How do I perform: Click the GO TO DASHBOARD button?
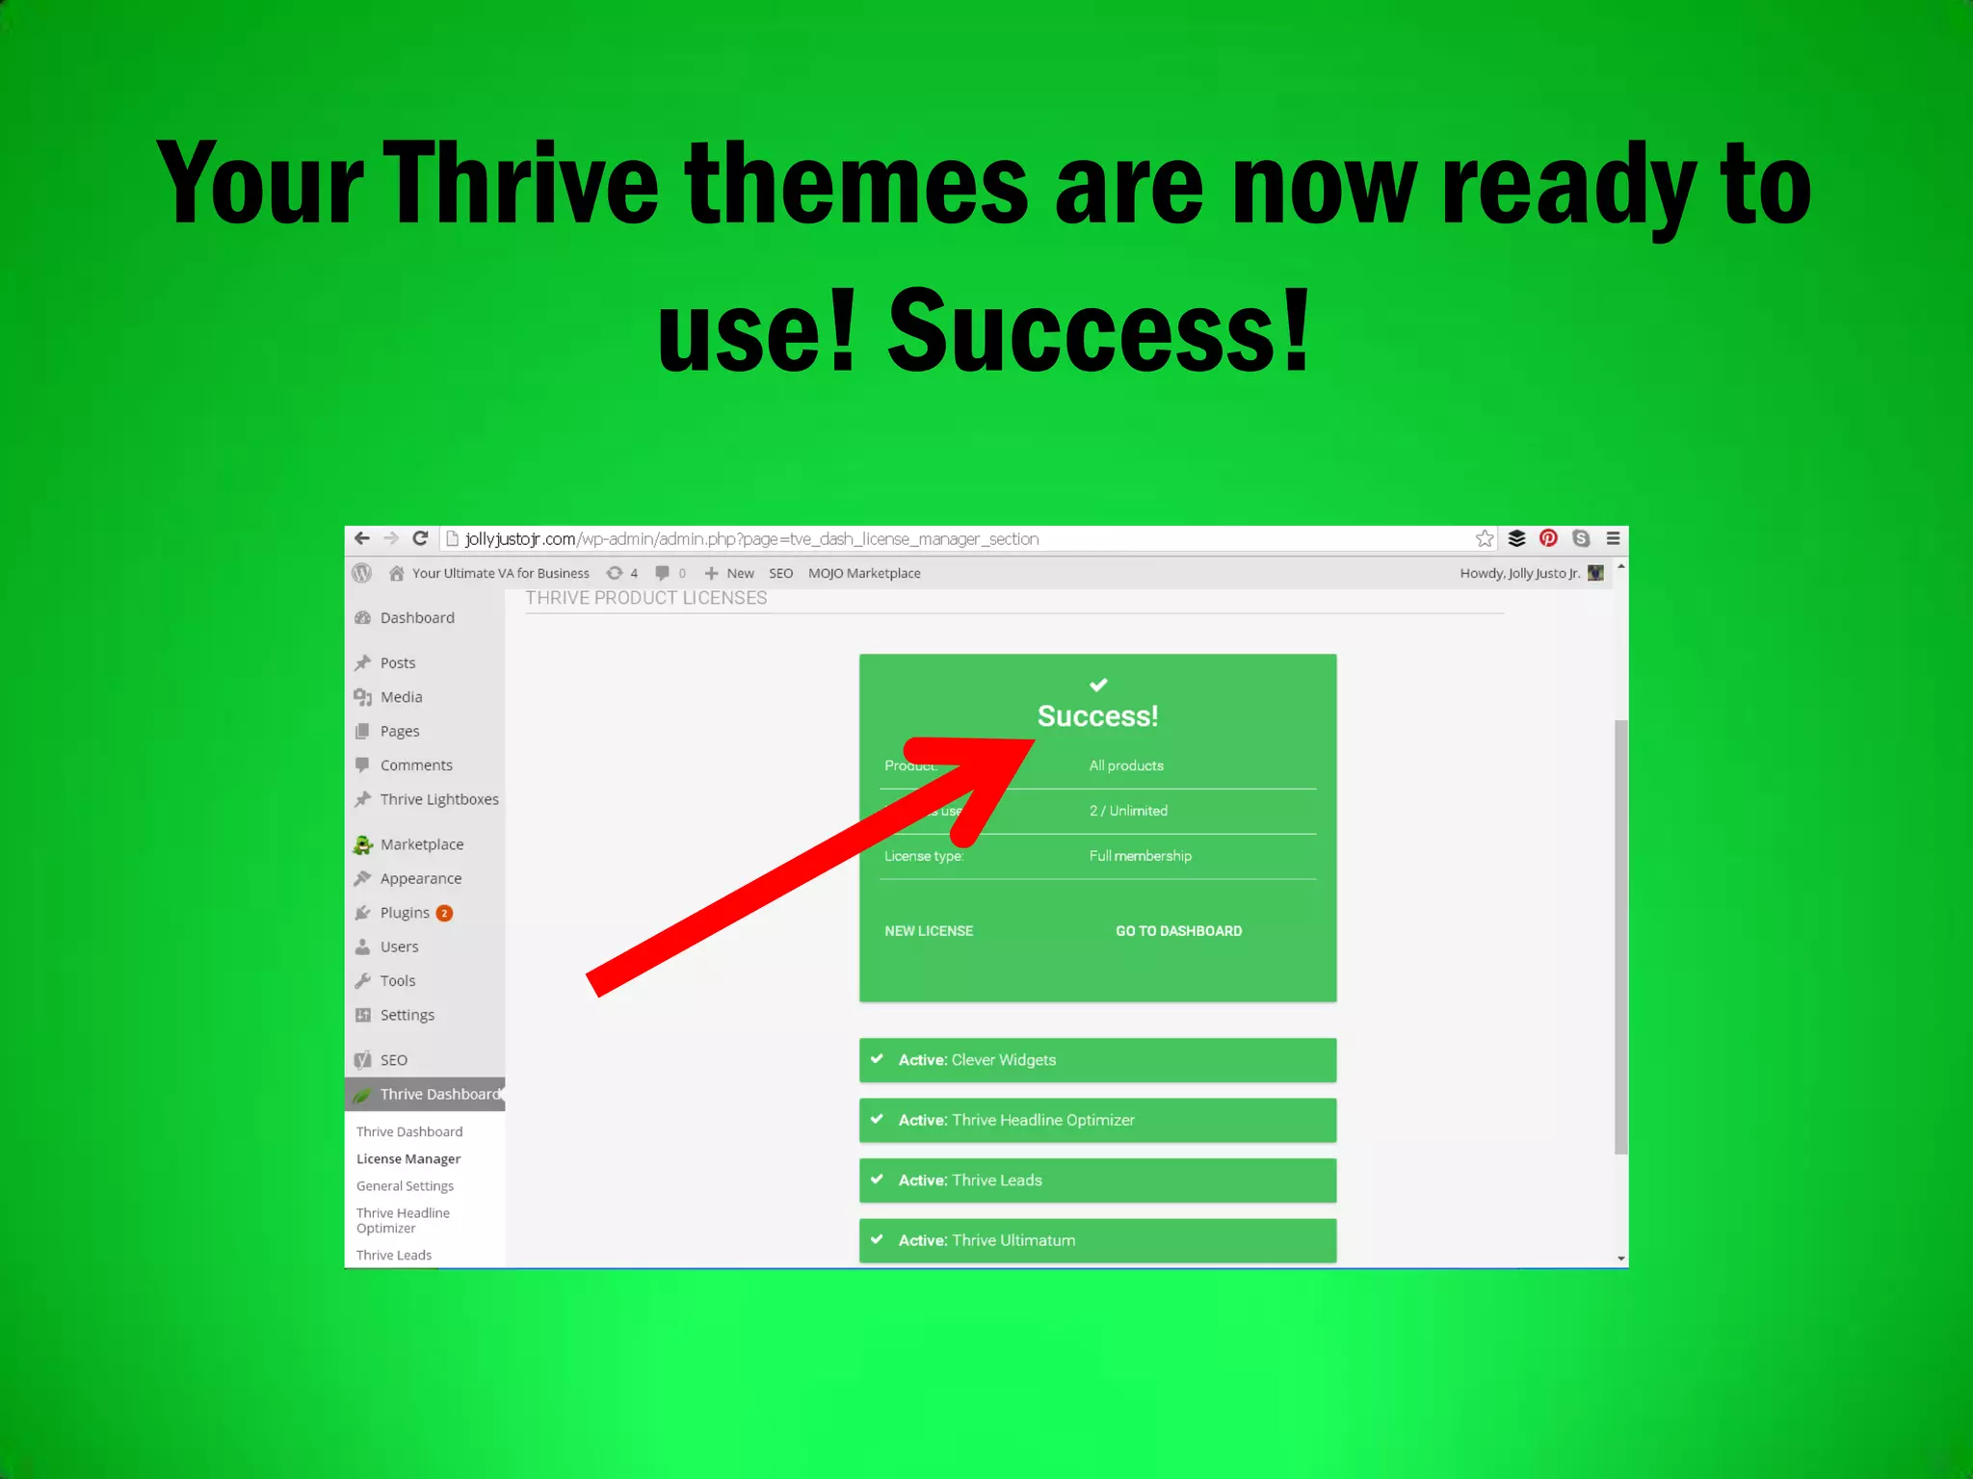pos(1178,931)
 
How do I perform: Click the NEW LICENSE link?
pos(929,931)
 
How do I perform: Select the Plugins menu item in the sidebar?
pos(405,913)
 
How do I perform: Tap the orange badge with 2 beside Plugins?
pos(444,914)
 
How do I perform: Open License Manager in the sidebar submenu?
pos(408,1159)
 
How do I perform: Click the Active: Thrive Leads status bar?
pos(1097,1181)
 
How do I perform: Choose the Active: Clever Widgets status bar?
pos(1097,1060)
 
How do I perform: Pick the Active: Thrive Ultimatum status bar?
pos(1097,1240)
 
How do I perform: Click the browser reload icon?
pos(420,538)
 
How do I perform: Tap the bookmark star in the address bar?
pos(1485,538)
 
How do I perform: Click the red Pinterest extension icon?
pos(1548,538)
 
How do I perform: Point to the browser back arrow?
pos(362,538)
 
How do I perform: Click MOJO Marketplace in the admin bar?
pos(864,574)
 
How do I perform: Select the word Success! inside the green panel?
pos(1097,716)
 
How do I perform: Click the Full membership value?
pos(1140,856)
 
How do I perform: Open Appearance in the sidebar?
pos(420,879)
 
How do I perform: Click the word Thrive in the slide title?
pos(521,183)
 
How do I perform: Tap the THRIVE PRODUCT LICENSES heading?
pos(645,598)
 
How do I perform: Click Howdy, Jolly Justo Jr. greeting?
pos(1519,574)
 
